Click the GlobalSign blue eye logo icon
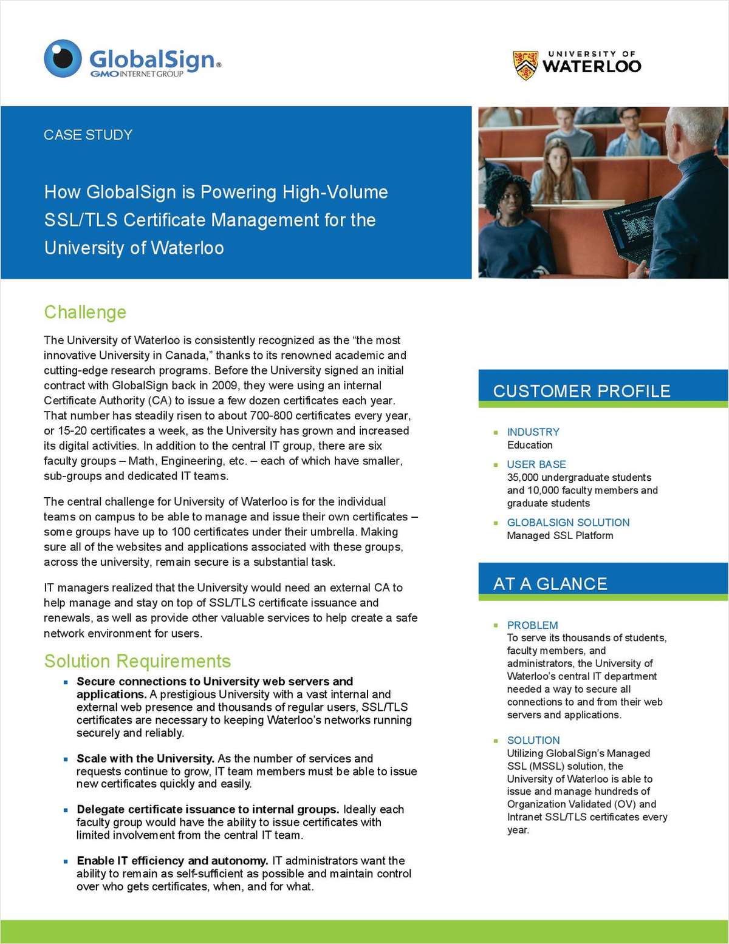point(63,59)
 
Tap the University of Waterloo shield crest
point(525,65)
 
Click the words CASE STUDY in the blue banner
point(88,135)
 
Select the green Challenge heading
point(85,312)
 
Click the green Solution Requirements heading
point(137,661)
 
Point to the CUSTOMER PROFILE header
point(581,391)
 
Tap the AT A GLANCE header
point(550,583)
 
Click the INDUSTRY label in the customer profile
point(533,432)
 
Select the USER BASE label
point(536,464)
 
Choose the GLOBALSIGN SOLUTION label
point(568,522)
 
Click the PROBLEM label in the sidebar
point(532,625)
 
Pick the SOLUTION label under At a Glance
point(533,740)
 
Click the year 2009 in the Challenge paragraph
point(224,385)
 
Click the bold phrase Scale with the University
point(145,758)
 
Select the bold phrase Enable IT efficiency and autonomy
point(172,860)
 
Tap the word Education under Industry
point(530,445)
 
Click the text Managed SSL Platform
point(560,535)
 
